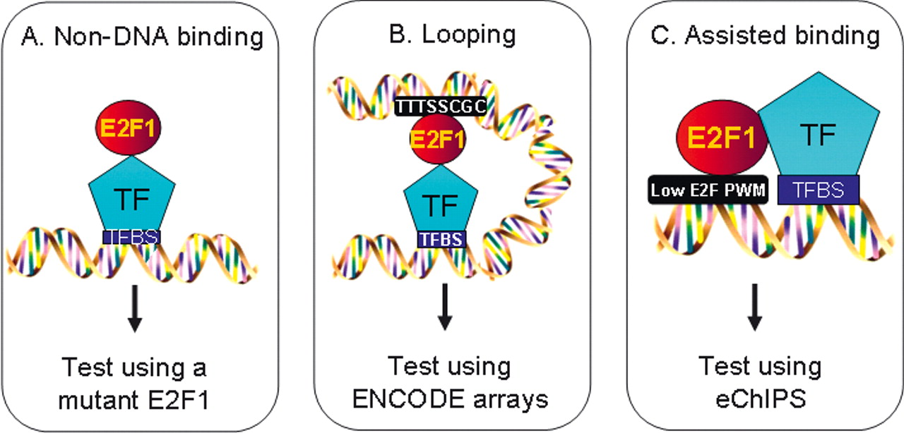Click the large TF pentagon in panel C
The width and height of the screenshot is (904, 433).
819,134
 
